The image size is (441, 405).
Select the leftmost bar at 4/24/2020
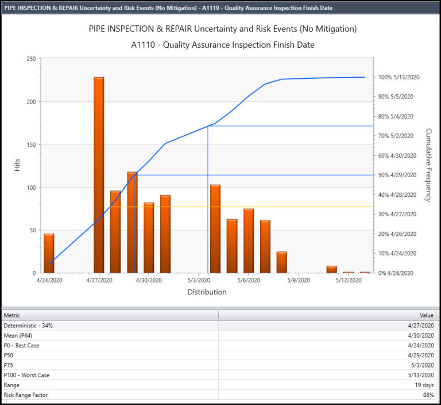[x=49, y=253]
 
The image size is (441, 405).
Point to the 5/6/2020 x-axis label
[x=249, y=281]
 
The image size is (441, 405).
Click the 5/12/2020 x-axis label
[x=349, y=281]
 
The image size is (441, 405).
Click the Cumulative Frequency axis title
[x=428, y=165]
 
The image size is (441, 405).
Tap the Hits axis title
[x=17, y=165]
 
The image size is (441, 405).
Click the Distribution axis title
[x=207, y=292]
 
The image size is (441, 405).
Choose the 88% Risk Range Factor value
[x=427, y=395]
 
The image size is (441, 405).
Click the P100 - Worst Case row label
[x=26, y=375]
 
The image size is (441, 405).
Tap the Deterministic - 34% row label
[x=28, y=326]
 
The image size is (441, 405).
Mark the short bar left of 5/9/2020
[x=281, y=262]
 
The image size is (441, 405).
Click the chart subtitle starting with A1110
[x=222, y=45]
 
